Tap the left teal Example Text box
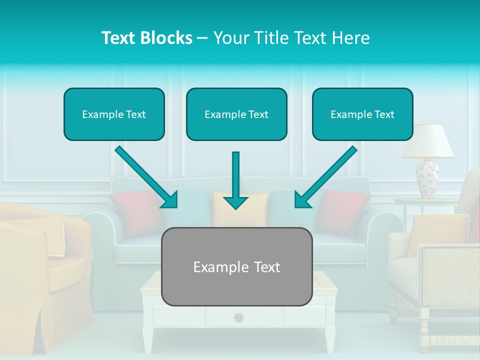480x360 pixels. [114, 114]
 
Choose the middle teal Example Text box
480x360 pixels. [236, 114]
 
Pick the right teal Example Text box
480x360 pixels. [362, 114]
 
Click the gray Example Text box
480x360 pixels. [236, 267]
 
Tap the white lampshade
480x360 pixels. [427, 141]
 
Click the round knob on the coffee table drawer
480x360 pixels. [238, 316]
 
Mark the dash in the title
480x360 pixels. [202, 38]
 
